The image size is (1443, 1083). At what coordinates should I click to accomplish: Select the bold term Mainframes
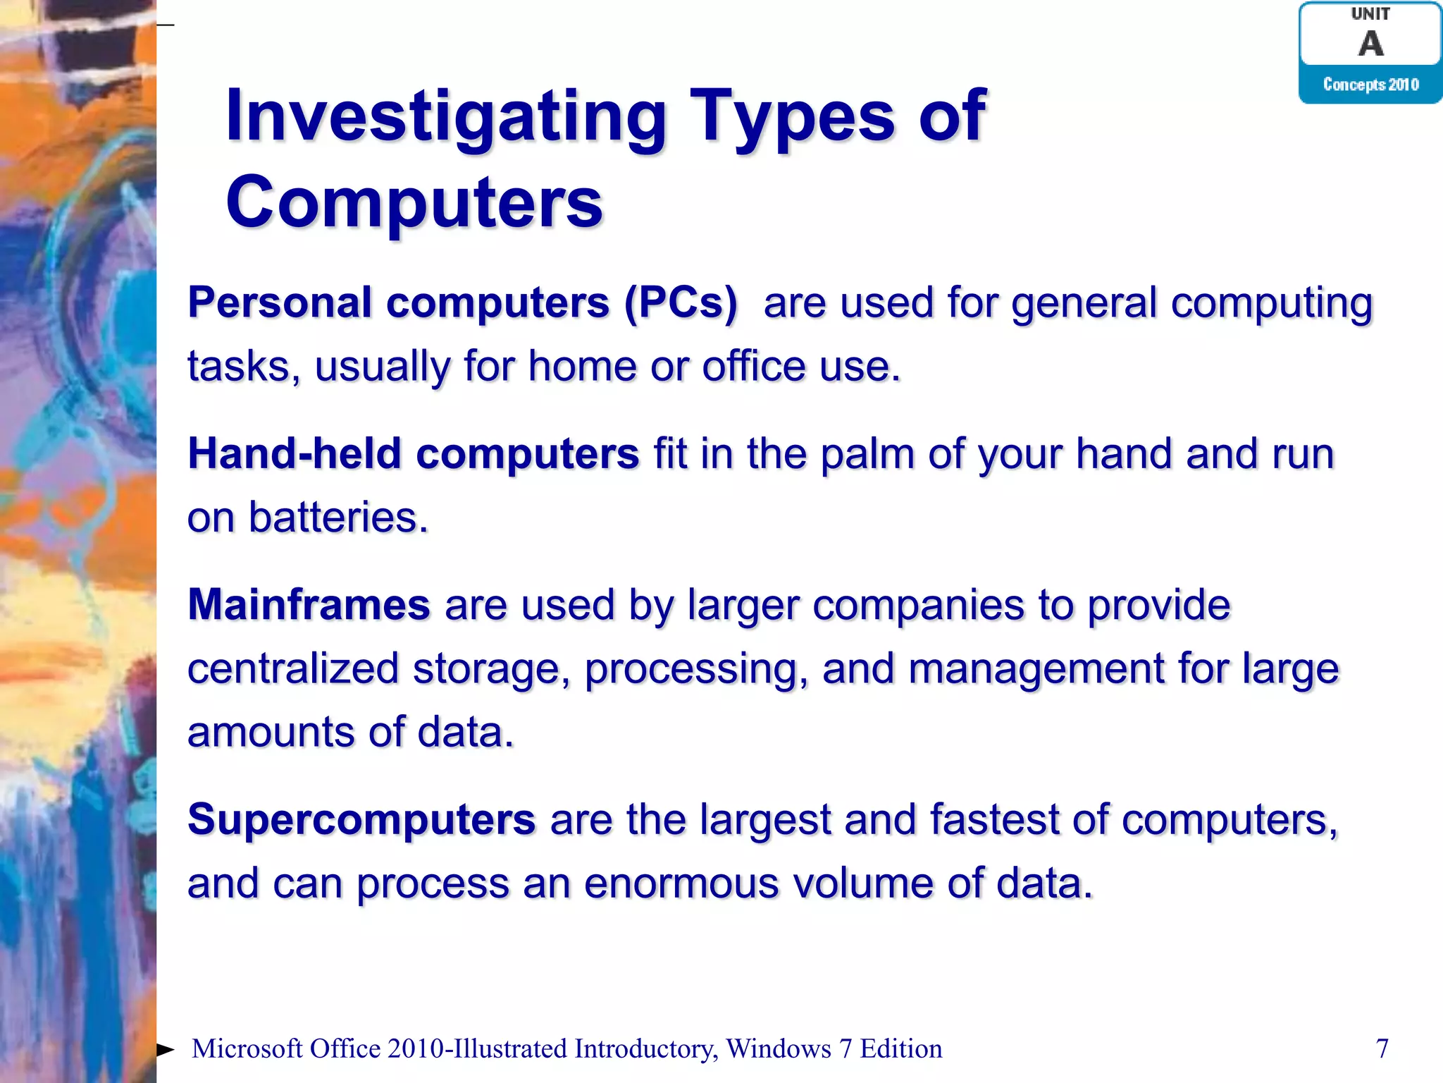pyautogui.click(x=309, y=605)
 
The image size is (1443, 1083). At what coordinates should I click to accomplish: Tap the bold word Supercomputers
pyautogui.click(x=361, y=820)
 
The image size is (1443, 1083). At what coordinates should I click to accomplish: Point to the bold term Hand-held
pyautogui.click(x=294, y=453)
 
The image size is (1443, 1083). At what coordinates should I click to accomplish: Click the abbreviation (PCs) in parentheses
pyautogui.click(x=681, y=303)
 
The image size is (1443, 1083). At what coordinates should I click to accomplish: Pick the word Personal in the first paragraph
pyautogui.click(x=280, y=303)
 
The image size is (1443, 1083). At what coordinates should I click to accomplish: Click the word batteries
pyautogui.click(x=338, y=518)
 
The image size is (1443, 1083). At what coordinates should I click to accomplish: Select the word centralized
pyautogui.click(x=292, y=668)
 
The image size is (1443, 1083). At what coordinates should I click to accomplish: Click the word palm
pyautogui.click(x=867, y=453)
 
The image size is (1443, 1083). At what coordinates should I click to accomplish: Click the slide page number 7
pyautogui.click(x=1382, y=1048)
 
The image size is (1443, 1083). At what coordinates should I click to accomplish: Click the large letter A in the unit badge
pyautogui.click(x=1370, y=44)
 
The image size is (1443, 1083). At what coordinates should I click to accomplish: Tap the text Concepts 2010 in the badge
pyautogui.click(x=1370, y=85)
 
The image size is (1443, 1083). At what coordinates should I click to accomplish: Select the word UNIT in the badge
pyautogui.click(x=1370, y=14)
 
